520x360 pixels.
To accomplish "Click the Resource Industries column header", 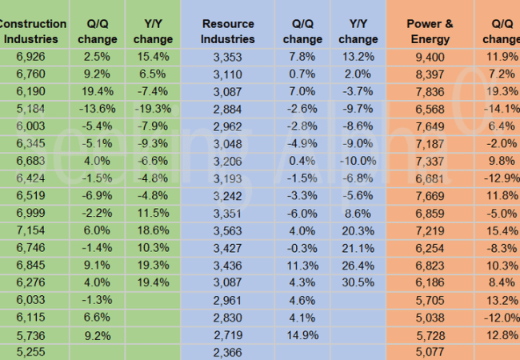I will (228, 31).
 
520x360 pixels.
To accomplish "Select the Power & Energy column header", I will (430, 31).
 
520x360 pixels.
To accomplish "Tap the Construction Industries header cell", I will (30, 31).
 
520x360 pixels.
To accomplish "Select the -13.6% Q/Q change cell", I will (95, 109).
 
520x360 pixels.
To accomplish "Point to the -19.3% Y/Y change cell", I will (154, 109).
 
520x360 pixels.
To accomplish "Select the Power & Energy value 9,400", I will (430, 57).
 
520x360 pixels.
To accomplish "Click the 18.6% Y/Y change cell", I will (154, 229).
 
